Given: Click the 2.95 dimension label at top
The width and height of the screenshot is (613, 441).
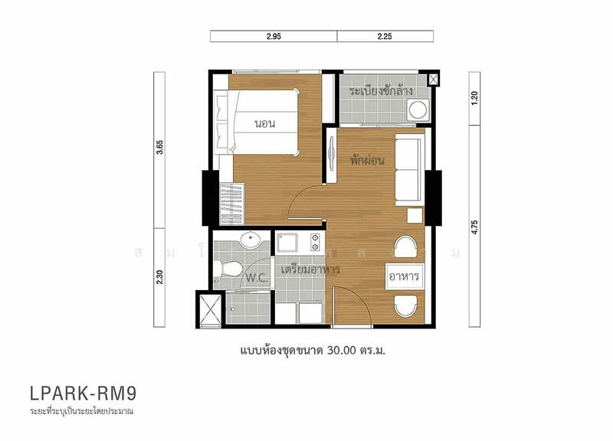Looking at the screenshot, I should [x=274, y=36].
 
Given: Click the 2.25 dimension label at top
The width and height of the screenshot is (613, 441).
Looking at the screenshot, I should [x=385, y=36].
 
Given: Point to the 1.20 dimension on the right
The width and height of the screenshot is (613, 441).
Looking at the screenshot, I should [x=475, y=98].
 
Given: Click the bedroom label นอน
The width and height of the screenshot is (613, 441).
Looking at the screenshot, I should [x=265, y=123].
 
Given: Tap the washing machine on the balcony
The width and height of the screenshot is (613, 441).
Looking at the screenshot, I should [x=418, y=110].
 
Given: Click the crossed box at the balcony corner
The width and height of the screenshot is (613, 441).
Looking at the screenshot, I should [x=434, y=79].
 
